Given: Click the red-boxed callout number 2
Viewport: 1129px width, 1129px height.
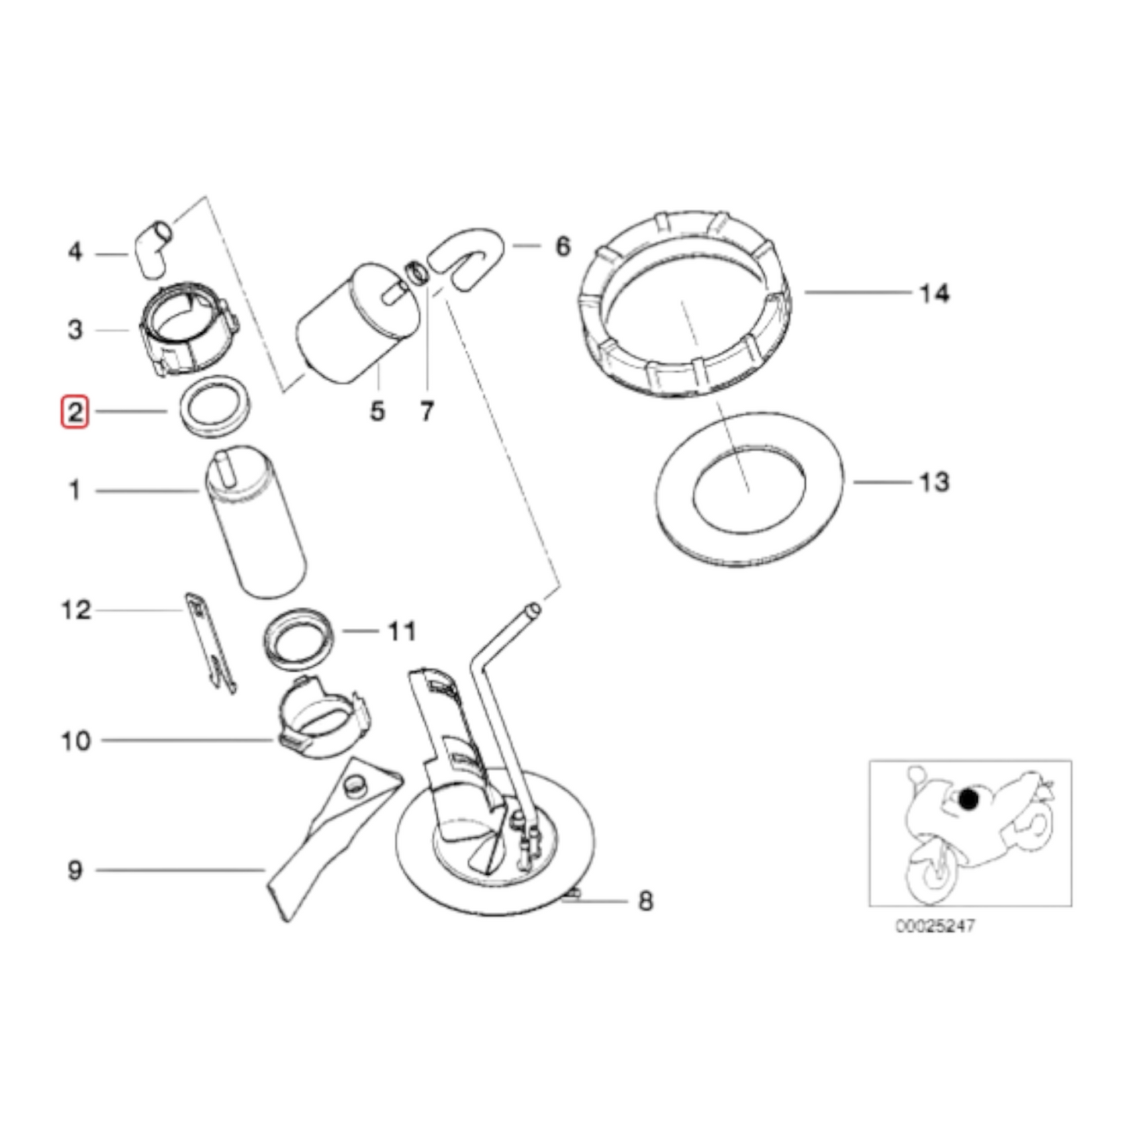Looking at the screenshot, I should [x=75, y=412].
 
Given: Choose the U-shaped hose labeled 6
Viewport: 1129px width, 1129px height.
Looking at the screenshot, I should [x=470, y=258].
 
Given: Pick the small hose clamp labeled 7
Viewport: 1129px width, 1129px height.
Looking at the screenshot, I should [x=419, y=274].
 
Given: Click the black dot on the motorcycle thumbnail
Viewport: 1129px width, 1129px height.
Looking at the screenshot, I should [x=968, y=799].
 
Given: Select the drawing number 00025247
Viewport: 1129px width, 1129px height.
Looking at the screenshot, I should [x=934, y=927].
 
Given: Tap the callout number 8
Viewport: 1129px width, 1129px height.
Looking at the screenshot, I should [x=645, y=901].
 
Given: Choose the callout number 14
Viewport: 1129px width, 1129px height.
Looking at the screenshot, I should [x=934, y=293].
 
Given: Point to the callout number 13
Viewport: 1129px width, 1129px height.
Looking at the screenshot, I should [x=934, y=482].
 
